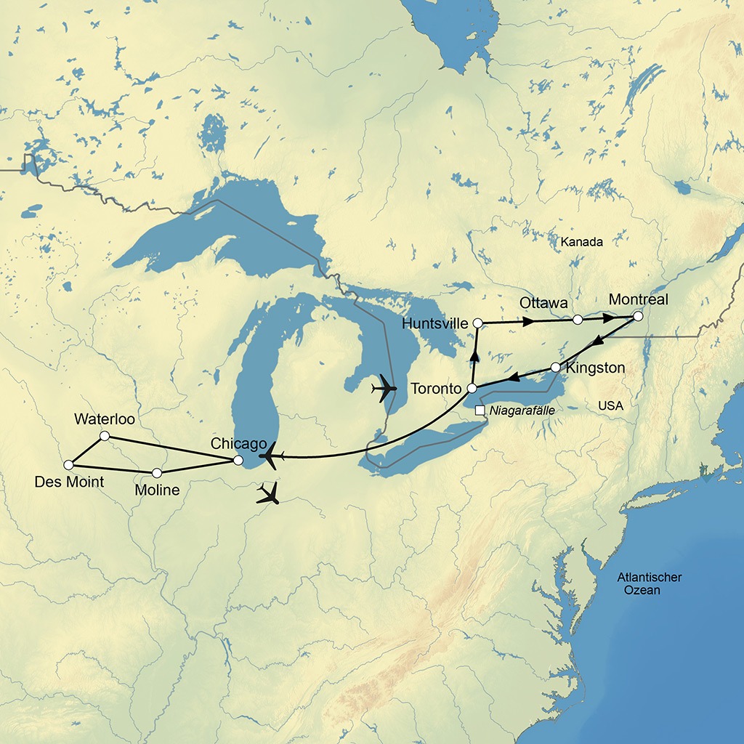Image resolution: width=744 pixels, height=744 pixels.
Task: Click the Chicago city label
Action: tap(234, 443)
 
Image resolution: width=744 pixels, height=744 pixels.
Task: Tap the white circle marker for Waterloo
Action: tap(104, 436)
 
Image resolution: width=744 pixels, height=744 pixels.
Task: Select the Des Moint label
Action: tap(69, 482)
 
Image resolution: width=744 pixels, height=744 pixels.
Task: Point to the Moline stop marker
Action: tap(157, 473)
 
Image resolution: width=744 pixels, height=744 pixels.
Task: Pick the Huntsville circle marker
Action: tap(477, 322)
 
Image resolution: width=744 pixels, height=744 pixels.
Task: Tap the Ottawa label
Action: tap(543, 302)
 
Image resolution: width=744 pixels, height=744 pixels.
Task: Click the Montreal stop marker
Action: tap(638, 316)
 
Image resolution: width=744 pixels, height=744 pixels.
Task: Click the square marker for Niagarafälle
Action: tap(480, 411)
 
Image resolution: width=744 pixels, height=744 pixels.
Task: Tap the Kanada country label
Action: tap(582, 242)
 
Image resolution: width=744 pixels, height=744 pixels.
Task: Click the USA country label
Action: tap(611, 405)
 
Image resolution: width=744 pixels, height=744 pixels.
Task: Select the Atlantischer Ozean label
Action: tap(650, 583)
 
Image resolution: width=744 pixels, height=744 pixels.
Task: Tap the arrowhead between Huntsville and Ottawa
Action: tap(529, 320)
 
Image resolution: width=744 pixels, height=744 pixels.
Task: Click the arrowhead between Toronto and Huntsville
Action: tap(474, 355)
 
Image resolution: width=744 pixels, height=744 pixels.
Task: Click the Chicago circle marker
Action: tap(238, 460)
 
